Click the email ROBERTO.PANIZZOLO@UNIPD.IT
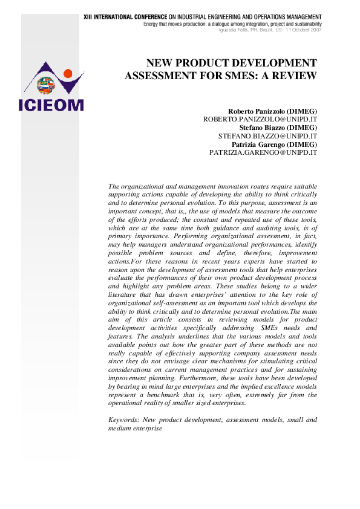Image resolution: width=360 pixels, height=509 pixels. tap(260, 120)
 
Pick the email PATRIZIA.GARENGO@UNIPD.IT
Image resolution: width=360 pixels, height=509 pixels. tap(263, 154)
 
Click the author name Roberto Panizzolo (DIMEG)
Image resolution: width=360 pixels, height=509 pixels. tap(272, 112)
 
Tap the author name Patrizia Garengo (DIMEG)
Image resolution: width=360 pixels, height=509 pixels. tap(275, 146)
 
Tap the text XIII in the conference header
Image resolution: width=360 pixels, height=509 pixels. tap(89, 17)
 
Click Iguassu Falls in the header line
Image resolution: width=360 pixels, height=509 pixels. tap(234, 30)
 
